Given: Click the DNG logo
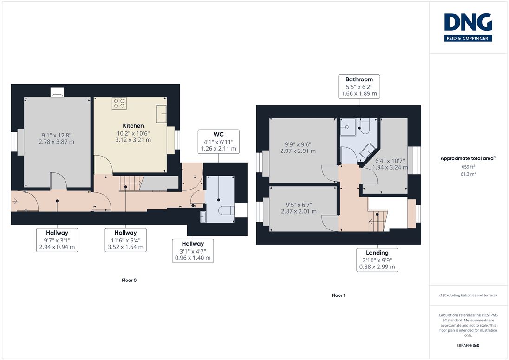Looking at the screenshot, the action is (x=468, y=27).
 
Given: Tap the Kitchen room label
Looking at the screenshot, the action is (x=133, y=125).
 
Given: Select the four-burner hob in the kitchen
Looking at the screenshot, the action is (x=119, y=103).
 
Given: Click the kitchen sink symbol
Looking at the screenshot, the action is (x=161, y=113).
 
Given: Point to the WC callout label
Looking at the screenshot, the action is (x=218, y=142).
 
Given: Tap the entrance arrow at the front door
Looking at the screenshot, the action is (x=14, y=201).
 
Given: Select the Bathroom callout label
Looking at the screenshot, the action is (x=359, y=86).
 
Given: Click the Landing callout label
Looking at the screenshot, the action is (x=377, y=260).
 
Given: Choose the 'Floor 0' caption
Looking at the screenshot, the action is (x=129, y=280).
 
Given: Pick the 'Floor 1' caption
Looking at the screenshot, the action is (x=339, y=295).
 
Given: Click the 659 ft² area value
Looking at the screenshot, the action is (x=469, y=166).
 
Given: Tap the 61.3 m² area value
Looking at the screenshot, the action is (x=468, y=174).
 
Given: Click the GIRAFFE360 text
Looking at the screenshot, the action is (x=468, y=346).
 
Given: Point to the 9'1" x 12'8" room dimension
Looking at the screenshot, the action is (x=57, y=135).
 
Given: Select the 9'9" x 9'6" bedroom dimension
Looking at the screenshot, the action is (x=298, y=144).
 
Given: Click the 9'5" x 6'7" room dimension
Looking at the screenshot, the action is (x=299, y=205).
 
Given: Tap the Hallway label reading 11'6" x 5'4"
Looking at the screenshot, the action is (x=126, y=240).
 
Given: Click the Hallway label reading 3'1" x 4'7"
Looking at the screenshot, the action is (x=193, y=250).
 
